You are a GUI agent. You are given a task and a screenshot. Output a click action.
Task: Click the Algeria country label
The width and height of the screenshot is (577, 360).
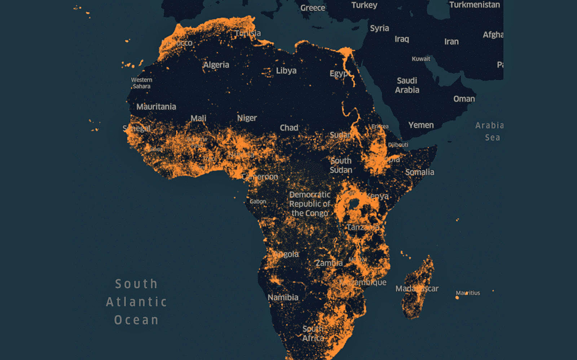pyautogui.click(x=216, y=65)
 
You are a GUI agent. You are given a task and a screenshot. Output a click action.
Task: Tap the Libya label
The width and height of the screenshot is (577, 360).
pyautogui.click(x=286, y=71)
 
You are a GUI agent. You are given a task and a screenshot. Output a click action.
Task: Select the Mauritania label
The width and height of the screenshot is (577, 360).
pyautogui.click(x=156, y=107)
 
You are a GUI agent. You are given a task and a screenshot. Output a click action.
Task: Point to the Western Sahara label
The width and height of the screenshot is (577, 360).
pyautogui.click(x=141, y=83)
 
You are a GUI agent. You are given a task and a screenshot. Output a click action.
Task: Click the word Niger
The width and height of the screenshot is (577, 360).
pyautogui.click(x=247, y=118)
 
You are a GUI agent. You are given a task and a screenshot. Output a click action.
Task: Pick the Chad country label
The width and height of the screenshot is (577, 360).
pyautogui.click(x=289, y=128)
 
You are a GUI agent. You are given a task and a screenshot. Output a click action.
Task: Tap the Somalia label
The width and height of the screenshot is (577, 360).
pyautogui.click(x=419, y=172)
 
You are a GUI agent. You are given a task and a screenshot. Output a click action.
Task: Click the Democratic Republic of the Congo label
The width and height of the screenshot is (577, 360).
pyautogui.click(x=310, y=204)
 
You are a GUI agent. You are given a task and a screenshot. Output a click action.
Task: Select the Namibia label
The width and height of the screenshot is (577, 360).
pyautogui.click(x=283, y=297)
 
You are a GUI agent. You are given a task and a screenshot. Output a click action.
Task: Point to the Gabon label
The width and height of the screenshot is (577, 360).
pyautogui.click(x=257, y=201)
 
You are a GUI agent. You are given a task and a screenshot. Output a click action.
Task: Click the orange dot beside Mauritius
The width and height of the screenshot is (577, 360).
pyautogui.click(x=457, y=298)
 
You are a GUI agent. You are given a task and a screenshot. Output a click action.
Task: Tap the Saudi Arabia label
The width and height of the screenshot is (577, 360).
pyautogui.click(x=407, y=85)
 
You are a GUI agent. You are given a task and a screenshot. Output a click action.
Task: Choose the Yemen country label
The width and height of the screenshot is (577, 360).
pyautogui.click(x=421, y=125)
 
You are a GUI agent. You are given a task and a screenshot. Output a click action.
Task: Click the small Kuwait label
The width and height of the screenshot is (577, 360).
pyautogui.click(x=421, y=59)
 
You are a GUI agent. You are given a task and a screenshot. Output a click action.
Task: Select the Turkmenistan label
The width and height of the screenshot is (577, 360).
pyautogui.click(x=474, y=5)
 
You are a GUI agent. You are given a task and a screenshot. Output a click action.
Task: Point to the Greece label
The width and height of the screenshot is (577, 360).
pyautogui.click(x=312, y=8)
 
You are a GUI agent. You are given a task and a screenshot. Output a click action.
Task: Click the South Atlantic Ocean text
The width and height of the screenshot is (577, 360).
pyautogui.click(x=136, y=302)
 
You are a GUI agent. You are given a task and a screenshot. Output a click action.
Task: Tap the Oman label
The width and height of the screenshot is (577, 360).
pyautogui.click(x=464, y=99)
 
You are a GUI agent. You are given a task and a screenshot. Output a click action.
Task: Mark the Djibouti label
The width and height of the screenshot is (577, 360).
pyautogui.click(x=398, y=145)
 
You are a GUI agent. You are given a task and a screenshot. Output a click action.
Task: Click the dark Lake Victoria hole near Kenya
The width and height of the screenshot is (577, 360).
pyautogui.click(x=354, y=204)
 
